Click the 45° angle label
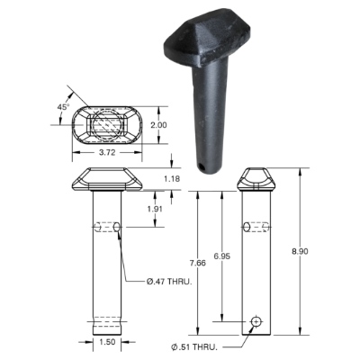click(x=63, y=106)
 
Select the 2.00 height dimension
click(x=158, y=125)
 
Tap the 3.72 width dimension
click(x=107, y=152)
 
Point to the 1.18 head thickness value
click(x=172, y=179)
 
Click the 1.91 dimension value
click(x=155, y=209)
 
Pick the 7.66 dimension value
click(x=198, y=263)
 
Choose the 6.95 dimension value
click(x=222, y=256)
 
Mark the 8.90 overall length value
click(x=300, y=251)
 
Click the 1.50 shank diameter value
click(x=107, y=342)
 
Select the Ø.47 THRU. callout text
click(x=169, y=282)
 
